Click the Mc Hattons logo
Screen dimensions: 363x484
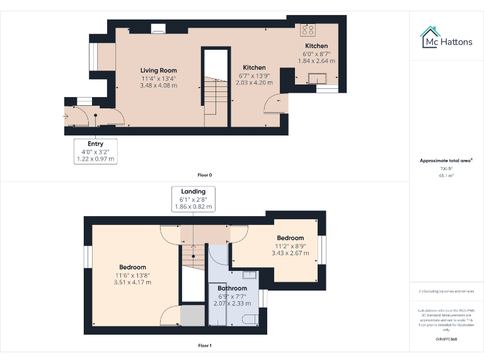pos(446,37)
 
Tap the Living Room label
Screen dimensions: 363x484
pos(158,70)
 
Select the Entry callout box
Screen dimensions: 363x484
pos(95,152)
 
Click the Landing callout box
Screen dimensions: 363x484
pos(193,199)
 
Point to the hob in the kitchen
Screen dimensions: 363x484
pos(308,30)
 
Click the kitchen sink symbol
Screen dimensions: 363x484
pos(316,78)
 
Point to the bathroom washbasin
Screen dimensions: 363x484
pos(248,274)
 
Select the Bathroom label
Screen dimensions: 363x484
pos(231,289)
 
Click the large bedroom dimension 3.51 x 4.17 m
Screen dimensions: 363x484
pos(132,282)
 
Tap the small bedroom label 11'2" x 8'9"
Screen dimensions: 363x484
pos(290,246)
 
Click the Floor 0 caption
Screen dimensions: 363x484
pos(204,175)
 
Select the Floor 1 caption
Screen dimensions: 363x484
pos(204,345)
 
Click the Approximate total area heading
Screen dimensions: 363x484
pos(446,161)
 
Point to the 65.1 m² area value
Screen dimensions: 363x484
pos(446,176)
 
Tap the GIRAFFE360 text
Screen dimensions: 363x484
pos(446,340)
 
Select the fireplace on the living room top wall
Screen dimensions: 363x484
pos(158,28)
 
